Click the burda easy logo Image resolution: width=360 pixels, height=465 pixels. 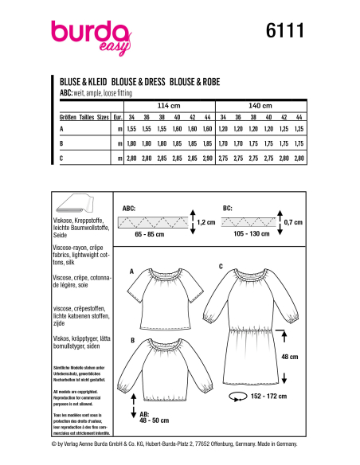point(89,36)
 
